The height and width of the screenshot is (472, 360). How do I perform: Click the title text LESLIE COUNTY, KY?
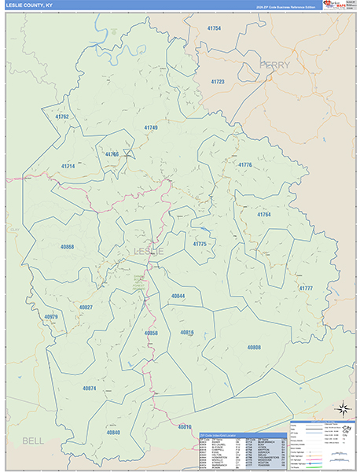click(29, 6)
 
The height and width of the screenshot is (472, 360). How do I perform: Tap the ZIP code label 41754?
click(213, 28)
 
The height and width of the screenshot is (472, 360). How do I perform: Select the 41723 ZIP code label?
click(217, 82)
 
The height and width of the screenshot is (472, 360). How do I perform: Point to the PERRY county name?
click(274, 65)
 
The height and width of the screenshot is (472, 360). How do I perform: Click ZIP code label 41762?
click(62, 116)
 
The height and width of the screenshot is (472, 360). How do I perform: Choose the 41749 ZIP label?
click(150, 127)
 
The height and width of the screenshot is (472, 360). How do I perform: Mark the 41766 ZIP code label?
click(112, 154)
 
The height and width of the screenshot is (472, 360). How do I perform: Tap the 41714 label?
click(68, 166)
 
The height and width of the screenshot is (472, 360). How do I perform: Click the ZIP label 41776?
click(244, 165)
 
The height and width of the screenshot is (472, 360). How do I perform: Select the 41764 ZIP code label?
click(263, 214)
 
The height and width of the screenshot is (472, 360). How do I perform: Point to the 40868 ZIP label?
click(67, 247)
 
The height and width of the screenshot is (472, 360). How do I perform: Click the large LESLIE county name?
click(149, 251)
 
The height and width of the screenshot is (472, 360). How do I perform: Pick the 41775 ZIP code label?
click(200, 244)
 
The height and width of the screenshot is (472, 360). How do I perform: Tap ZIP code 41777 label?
click(306, 289)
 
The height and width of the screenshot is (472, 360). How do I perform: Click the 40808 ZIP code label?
click(253, 346)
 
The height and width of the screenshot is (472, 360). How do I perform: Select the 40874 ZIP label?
click(89, 388)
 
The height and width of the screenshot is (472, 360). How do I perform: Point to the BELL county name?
click(33, 441)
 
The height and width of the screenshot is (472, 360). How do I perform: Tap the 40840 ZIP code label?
click(113, 432)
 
